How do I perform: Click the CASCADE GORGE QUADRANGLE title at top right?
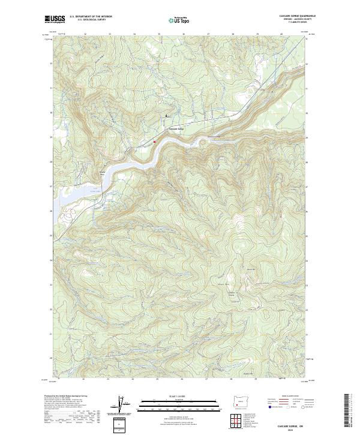coord(295,16)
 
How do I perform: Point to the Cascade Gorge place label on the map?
coord(174,128)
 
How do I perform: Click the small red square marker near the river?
coord(155,142)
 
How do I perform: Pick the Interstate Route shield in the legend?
coord(271,407)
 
